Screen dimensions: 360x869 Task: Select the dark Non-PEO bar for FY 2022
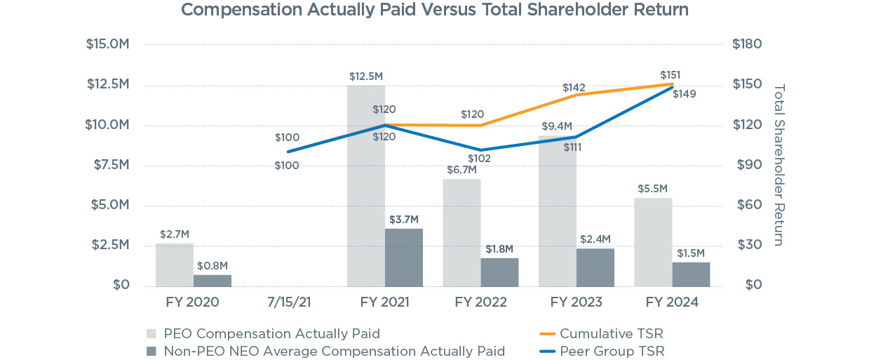(499, 272)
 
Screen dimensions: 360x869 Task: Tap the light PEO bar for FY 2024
(653, 242)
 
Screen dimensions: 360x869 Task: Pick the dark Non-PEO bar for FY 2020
(213, 280)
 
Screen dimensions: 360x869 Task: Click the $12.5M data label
(366, 76)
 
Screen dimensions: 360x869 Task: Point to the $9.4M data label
(557, 126)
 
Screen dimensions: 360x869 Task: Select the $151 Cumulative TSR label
(671, 75)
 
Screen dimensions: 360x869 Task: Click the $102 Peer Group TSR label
(480, 159)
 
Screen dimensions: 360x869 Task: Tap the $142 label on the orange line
(574, 88)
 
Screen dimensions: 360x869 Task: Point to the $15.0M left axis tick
(108, 44)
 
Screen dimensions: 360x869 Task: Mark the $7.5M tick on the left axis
(108, 164)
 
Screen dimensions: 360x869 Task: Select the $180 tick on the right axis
(746, 44)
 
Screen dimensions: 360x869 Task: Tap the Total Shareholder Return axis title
(779, 165)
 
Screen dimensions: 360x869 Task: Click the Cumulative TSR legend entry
(611, 333)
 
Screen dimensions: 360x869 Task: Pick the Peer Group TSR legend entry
(612, 351)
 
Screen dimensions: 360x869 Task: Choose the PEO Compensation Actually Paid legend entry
(271, 333)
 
